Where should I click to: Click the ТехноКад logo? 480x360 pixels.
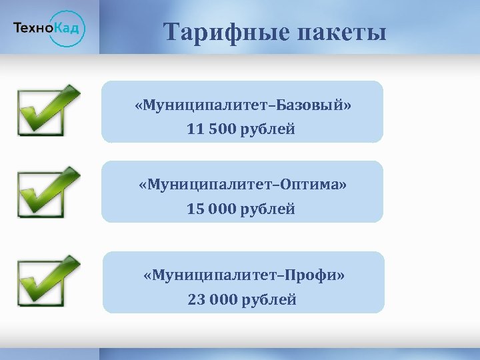(x=49, y=27)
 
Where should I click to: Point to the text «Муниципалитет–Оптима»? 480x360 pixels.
(x=243, y=183)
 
